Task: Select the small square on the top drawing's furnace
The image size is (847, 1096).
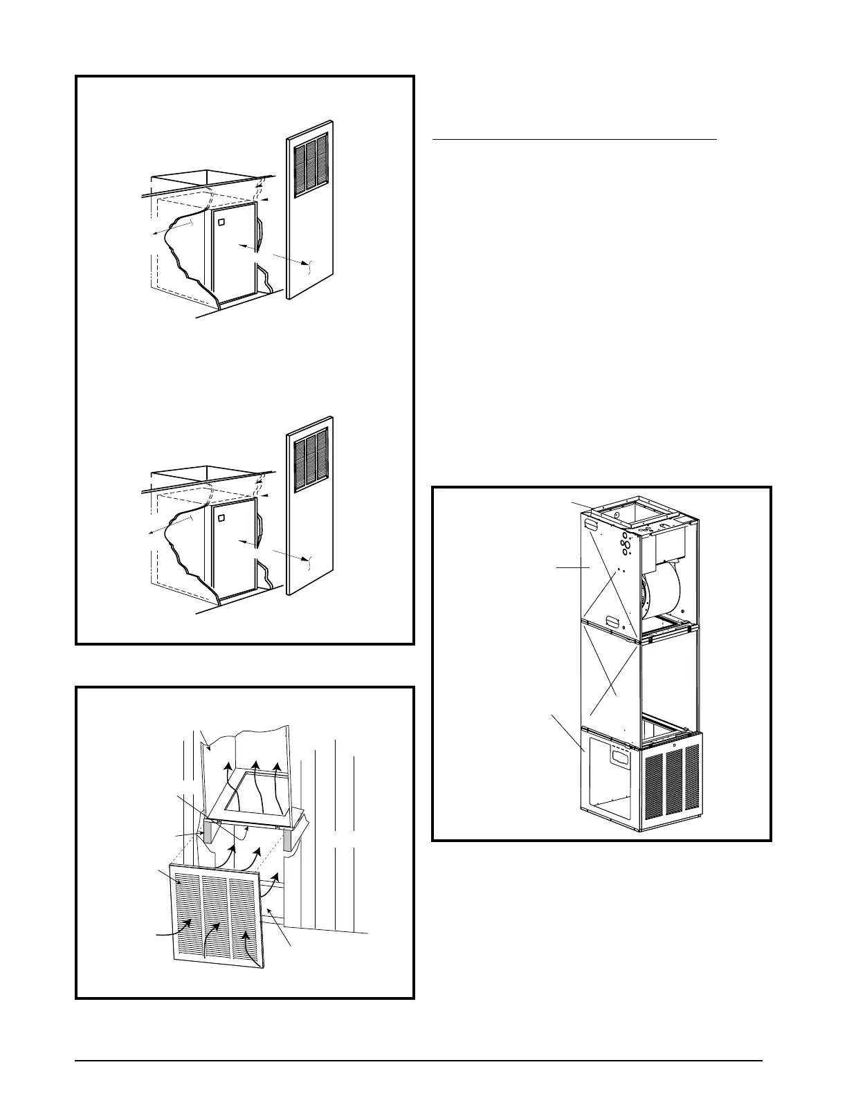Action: pos(221,223)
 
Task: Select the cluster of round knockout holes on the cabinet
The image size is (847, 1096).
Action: pos(626,544)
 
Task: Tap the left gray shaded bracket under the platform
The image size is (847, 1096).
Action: pos(206,831)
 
